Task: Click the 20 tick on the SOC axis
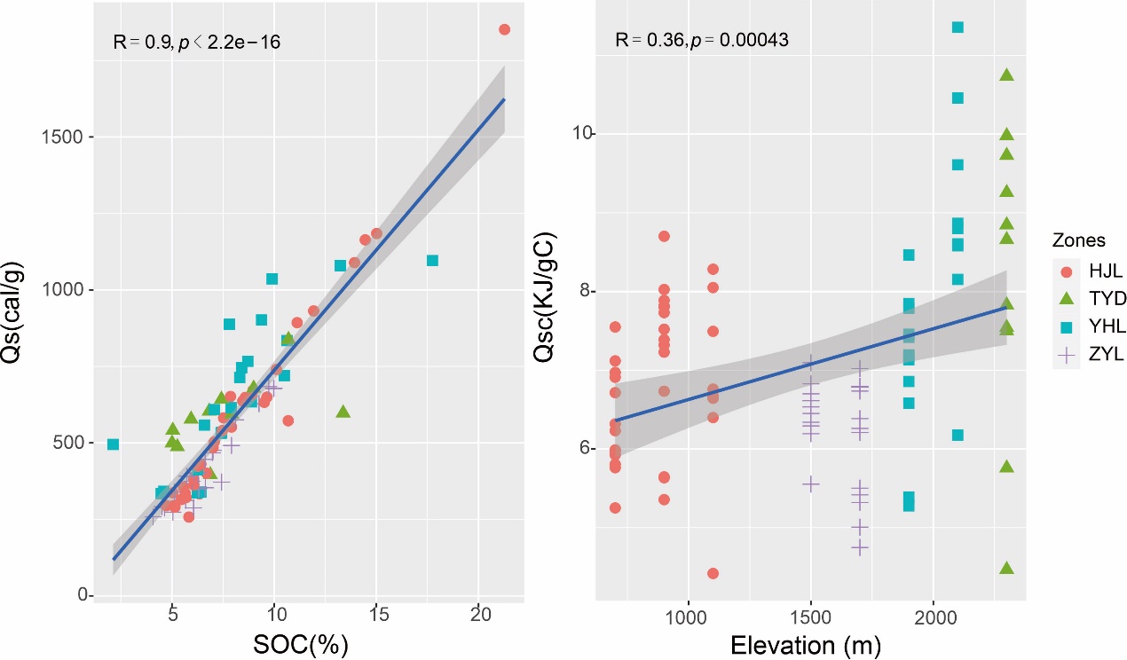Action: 479,614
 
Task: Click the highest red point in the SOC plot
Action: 504,29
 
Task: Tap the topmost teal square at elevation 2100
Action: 958,27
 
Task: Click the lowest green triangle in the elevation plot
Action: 1006,568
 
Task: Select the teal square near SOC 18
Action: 432,261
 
